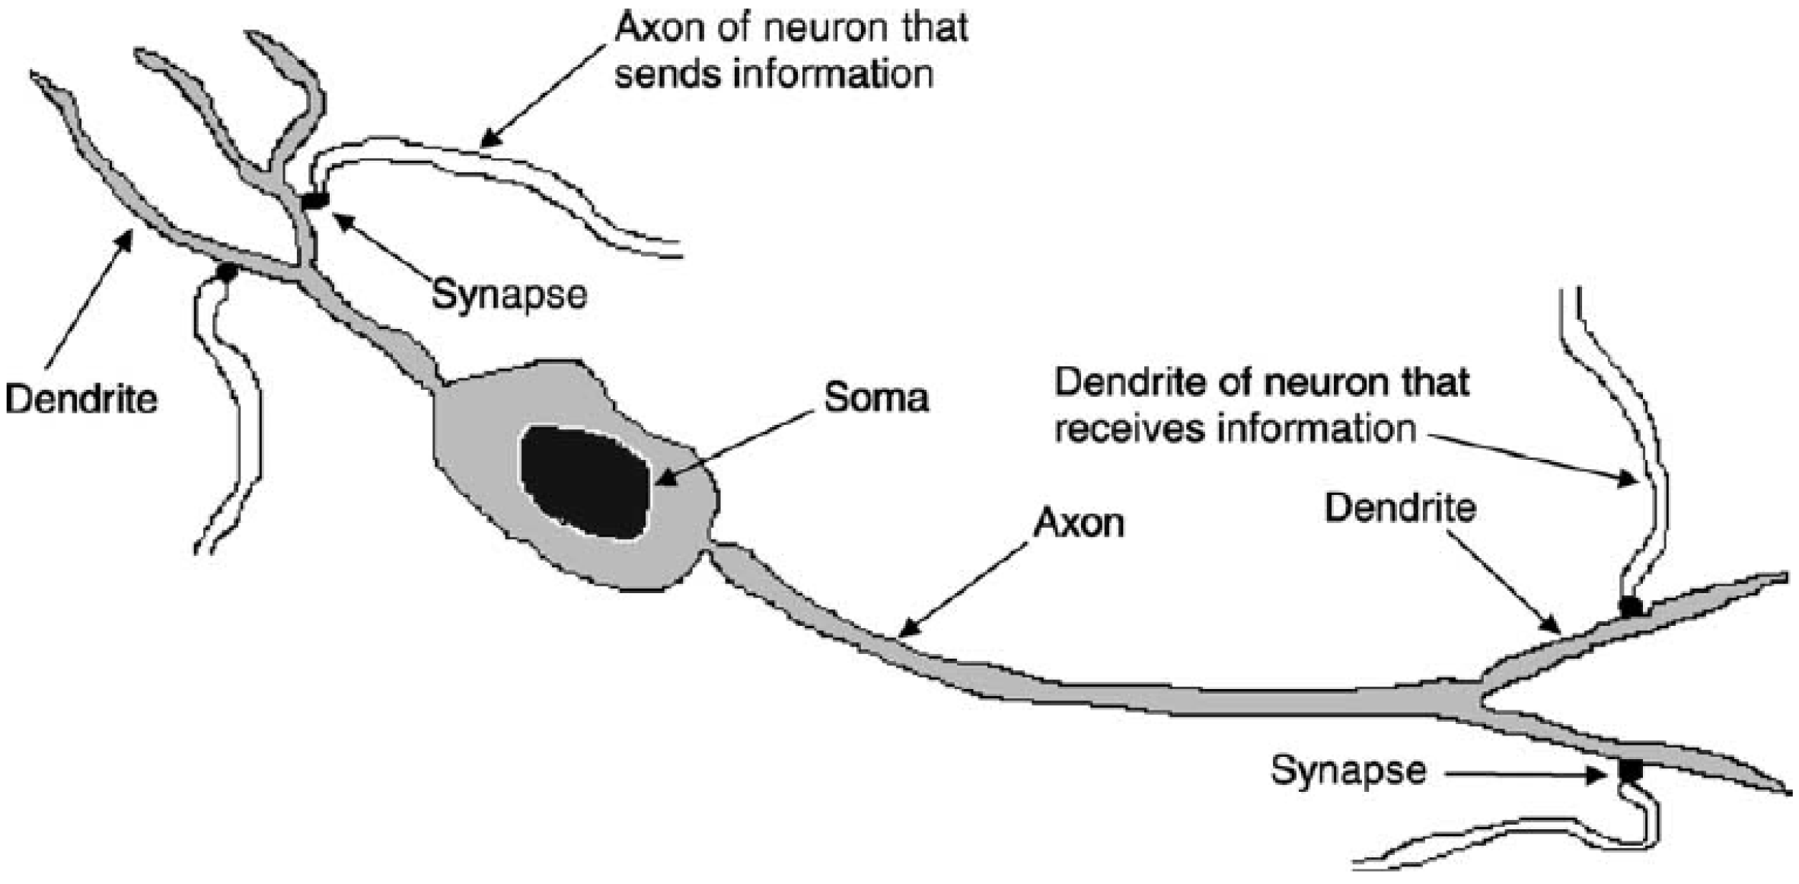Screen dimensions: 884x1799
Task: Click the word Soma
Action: click(x=876, y=398)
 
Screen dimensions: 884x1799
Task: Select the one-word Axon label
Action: click(x=1079, y=523)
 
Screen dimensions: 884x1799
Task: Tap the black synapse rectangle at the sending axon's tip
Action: click(x=314, y=201)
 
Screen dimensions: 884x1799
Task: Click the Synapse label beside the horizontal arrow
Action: click(x=1348, y=770)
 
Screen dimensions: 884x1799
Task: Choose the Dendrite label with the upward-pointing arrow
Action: click(x=81, y=399)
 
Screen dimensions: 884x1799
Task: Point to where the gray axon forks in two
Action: click(x=1481, y=696)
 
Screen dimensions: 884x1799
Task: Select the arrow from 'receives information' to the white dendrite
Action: click(x=1530, y=457)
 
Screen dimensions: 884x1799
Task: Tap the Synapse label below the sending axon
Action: click(x=509, y=295)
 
